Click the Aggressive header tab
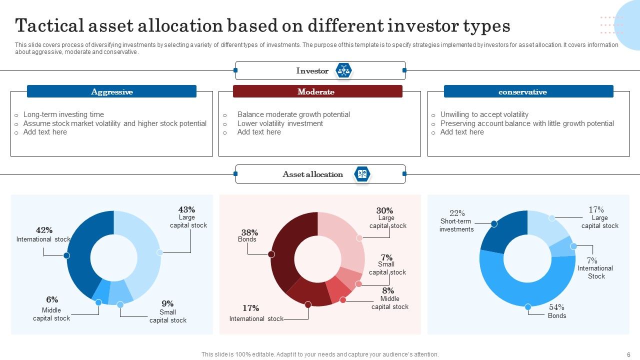coord(111,91)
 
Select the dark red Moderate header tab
coord(317,91)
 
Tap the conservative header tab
coord(528,92)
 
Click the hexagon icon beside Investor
coord(343,70)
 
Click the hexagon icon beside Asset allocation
coord(362,174)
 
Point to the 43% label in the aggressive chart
coord(186,209)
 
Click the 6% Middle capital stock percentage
coord(52,299)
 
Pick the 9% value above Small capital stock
coord(167,303)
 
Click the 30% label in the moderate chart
coord(384,210)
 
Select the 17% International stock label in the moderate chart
coord(250,308)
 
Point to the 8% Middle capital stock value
coord(388,290)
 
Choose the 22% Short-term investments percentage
coord(457,213)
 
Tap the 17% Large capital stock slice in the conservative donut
coord(545,225)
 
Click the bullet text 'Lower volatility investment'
coord(280,123)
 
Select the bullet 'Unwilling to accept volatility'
coord(484,114)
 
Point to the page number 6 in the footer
coord(628,354)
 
